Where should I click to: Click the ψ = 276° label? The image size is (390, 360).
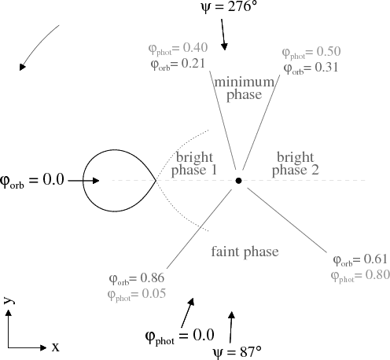(229, 6)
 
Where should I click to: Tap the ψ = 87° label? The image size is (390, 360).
(237, 351)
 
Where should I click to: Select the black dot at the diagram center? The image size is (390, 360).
(238, 181)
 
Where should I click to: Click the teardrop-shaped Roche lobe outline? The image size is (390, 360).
(83, 181)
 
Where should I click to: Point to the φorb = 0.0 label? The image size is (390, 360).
(32, 180)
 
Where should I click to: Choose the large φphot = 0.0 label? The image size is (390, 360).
(180, 336)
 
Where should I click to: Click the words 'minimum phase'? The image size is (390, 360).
(245, 88)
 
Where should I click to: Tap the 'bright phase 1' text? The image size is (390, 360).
(194, 163)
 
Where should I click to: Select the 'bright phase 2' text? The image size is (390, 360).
(296, 163)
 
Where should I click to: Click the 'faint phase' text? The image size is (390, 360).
(245, 252)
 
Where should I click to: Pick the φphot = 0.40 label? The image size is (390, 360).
(178, 49)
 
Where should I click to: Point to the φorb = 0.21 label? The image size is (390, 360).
(178, 64)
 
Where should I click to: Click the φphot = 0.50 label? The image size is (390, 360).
(311, 52)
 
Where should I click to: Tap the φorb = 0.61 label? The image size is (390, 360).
(360, 260)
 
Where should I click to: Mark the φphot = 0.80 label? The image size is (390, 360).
(360, 276)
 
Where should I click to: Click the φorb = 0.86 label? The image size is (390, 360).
(137, 278)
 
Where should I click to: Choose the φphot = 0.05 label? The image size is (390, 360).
(137, 295)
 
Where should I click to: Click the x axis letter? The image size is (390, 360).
(55, 347)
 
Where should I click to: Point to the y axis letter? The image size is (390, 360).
(9, 301)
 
